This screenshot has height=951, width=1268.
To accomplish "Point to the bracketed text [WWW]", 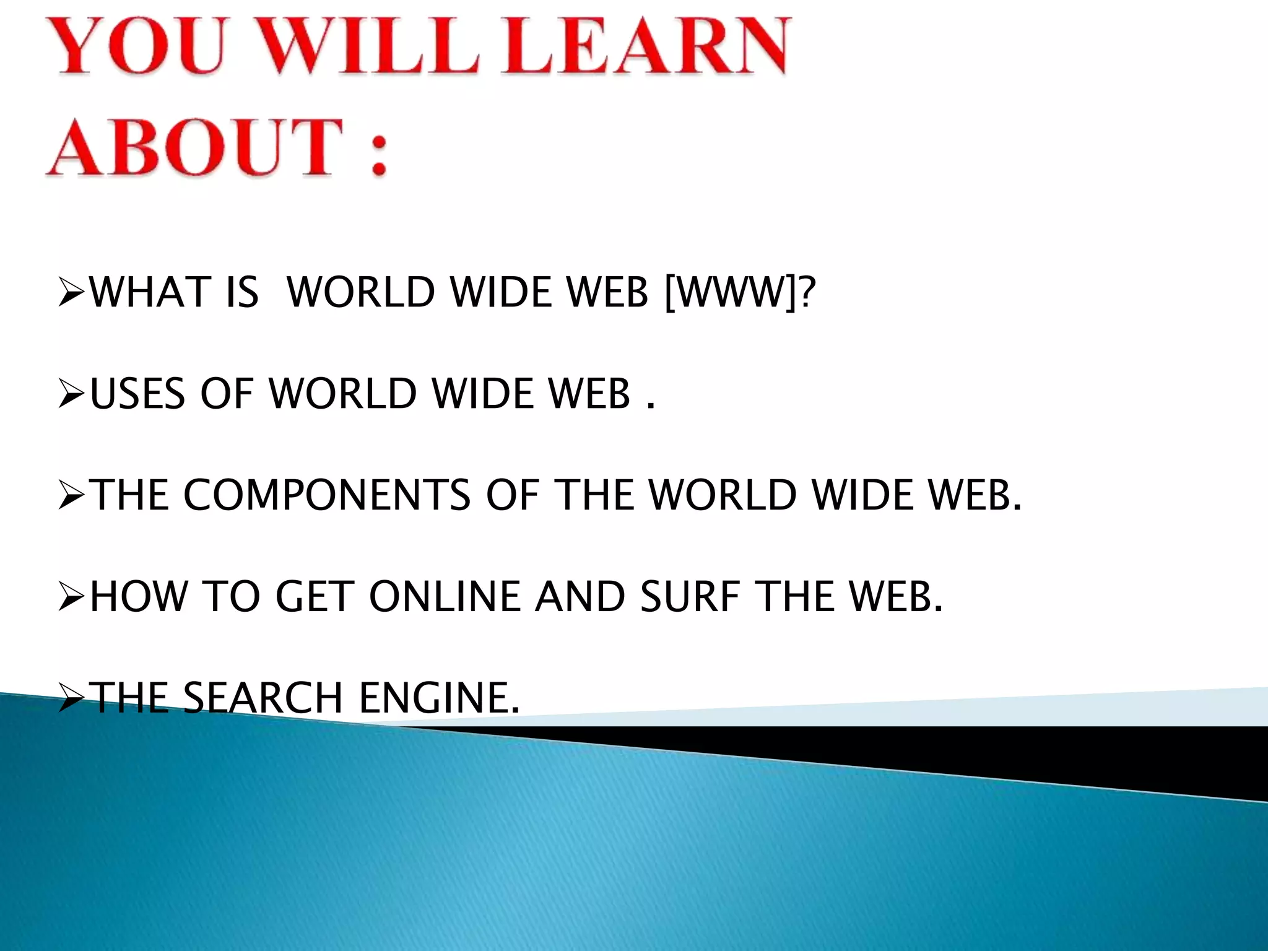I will pyautogui.click(x=730, y=292).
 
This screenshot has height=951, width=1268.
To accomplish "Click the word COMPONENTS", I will pyautogui.click(x=327, y=495).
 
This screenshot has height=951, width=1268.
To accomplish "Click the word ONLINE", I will pyautogui.click(x=445, y=596).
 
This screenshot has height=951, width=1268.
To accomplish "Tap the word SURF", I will pyautogui.click(x=690, y=596).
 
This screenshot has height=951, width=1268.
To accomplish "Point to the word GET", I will pyautogui.click(x=315, y=596).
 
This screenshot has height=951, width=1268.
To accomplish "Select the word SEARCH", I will pyautogui.click(x=263, y=698).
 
